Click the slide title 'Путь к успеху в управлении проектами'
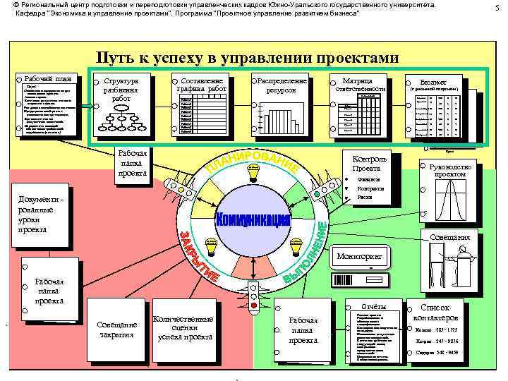point(248,58)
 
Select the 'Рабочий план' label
point(48,78)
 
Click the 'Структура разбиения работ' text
point(121,90)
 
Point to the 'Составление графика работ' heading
point(202,85)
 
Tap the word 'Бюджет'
point(433,82)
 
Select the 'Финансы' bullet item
point(371,179)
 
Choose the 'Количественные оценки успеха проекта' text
point(183,328)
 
